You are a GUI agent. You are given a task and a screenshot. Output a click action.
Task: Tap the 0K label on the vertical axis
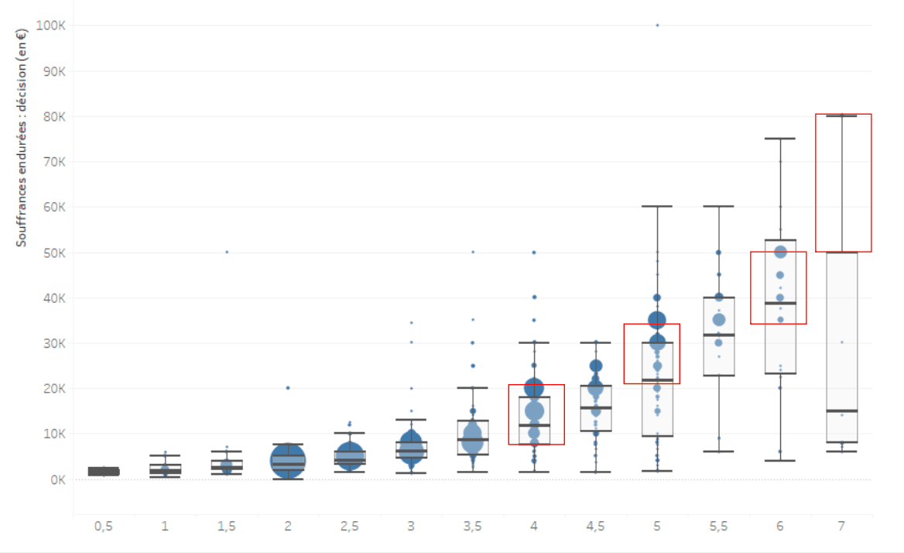click(58, 479)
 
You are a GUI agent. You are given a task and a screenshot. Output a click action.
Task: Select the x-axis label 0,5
click(103, 527)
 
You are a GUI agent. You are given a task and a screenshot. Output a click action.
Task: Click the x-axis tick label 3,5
click(472, 527)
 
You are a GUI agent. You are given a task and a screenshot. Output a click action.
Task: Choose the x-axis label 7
click(841, 527)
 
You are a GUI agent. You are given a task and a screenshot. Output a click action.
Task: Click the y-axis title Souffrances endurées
click(22, 136)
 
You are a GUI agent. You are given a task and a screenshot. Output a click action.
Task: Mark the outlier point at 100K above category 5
click(657, 26)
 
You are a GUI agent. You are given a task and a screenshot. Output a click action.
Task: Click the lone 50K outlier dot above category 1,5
click(227, 252)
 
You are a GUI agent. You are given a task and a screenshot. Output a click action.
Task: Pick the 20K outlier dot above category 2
click(288, 388)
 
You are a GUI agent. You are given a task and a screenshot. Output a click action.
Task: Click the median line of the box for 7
click(841, 410)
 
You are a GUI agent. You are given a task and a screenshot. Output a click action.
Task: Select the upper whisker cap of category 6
click(780, 139)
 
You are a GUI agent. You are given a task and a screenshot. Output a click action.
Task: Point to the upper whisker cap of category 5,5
click(718, 206)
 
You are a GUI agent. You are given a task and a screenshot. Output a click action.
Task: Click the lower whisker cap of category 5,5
click(718, 452)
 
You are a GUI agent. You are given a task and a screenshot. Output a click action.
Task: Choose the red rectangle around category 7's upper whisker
click(843, 183)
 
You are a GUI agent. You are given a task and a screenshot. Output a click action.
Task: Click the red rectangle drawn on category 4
click(536, 414)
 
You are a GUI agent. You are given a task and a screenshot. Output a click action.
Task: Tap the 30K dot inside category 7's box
click(841, 342)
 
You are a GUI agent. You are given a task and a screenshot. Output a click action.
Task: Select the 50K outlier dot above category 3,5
click(473, 252)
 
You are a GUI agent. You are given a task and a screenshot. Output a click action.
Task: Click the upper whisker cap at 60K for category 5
click(657, 206)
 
